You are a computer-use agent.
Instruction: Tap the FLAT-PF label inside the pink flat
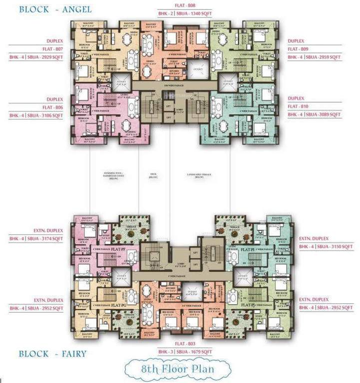[118, 248]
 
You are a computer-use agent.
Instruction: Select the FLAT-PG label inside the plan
[118, 304]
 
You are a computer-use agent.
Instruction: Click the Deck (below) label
[153, 176]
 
